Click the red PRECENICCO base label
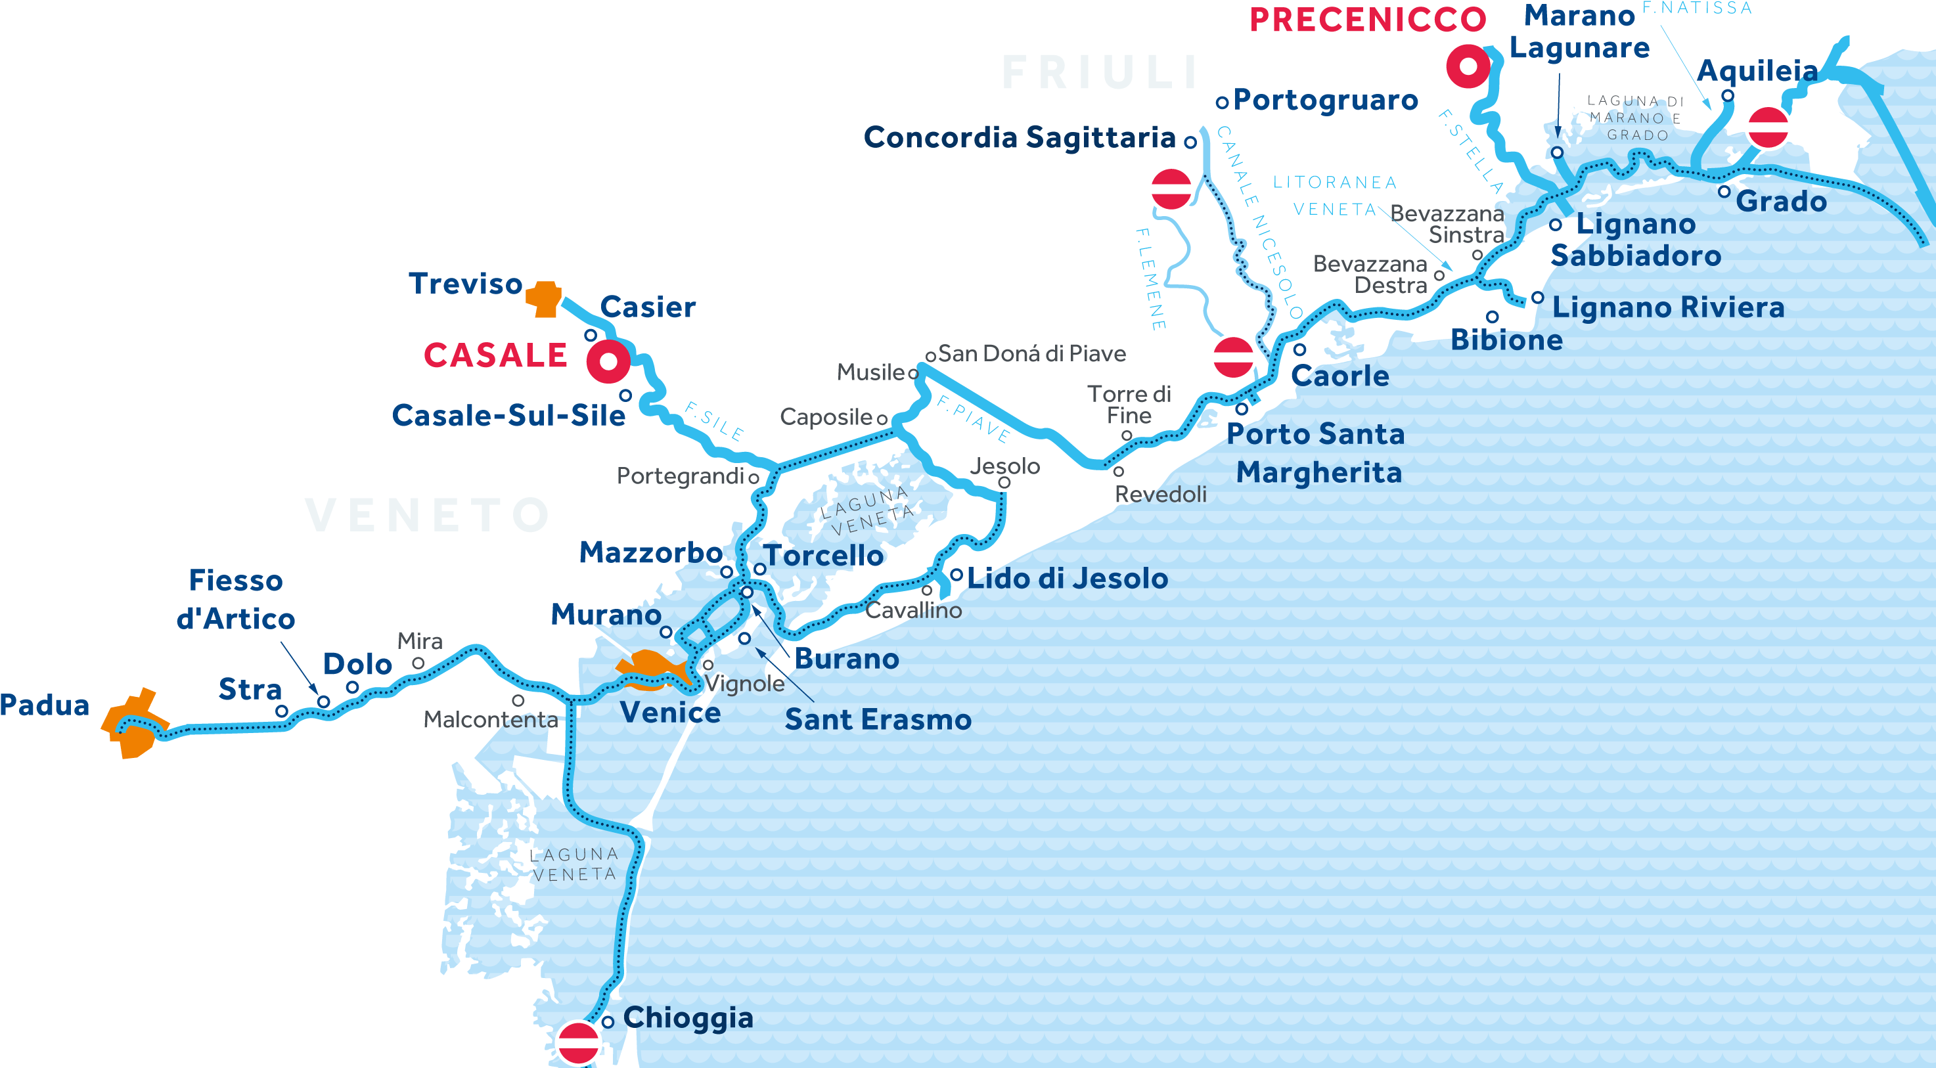1367,20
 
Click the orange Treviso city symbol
544,299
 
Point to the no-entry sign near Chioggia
578,1042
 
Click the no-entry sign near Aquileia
1767,127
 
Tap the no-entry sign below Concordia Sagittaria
1171,189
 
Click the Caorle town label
1340,376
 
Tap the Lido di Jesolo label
1068,579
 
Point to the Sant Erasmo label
878,720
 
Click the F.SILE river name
714,422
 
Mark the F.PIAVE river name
974,418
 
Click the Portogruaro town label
1325,100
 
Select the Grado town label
1780,202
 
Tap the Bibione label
1506,340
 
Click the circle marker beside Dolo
351,687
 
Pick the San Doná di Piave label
1031,353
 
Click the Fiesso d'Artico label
236,600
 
